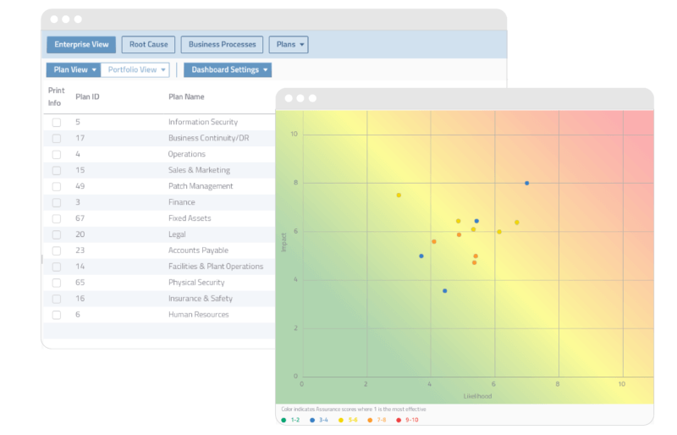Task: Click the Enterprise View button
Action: [x=81, y=45]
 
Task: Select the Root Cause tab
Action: [x=148, y=45]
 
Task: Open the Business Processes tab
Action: [x=222, y=45]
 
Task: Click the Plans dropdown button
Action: [x=289, y=45]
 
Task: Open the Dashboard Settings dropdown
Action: [x=228, y=70]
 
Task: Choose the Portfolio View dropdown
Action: [x=135, y=70]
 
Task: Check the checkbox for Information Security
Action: [x=57, y=123]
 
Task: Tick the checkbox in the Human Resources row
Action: [x=57, y=315]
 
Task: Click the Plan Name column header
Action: [x=186, y=96]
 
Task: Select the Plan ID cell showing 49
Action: [x=80, y=186]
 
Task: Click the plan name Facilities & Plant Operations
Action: [x=215, y=267]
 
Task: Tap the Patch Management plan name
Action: [x=201, y=186]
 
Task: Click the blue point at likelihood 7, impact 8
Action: [x=526, y=183]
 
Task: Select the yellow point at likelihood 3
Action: [x=399, y=195]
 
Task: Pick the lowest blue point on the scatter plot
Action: [x=445, y=291]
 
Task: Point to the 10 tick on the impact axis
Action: [x=294, y=134]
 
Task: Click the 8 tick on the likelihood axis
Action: [x=558, y=383]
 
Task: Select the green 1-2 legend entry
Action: [x=291, y=420]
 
